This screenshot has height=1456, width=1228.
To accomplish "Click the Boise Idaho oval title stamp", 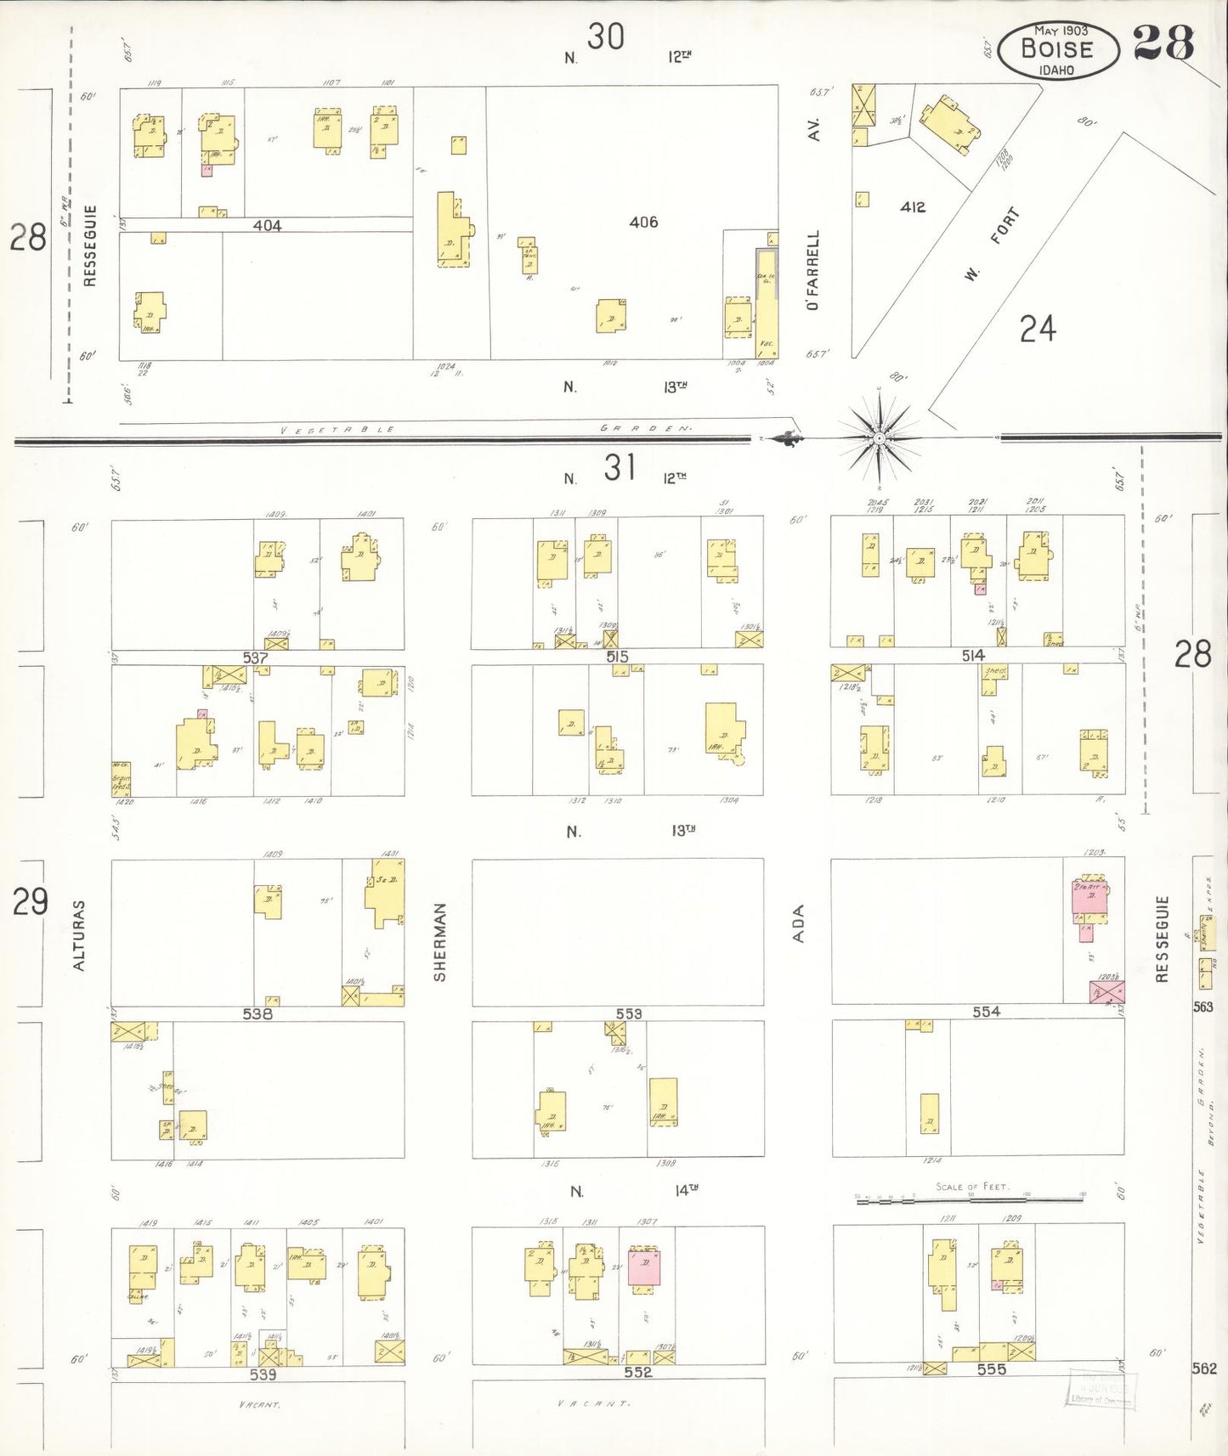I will coord(1057,50).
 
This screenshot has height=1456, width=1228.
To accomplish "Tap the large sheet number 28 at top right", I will coord(1163,44).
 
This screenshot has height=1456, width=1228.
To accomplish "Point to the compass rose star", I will coord(880,438).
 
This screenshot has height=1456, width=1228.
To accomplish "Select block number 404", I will coord(267,226).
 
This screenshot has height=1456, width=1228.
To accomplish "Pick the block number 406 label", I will coord(643,223).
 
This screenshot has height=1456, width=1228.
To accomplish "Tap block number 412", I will coord(913,207).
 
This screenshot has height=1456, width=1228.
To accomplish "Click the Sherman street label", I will coord(440,942).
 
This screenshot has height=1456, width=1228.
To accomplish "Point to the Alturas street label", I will coord(79,935).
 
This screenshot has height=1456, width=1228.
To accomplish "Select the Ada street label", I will coord(798,923).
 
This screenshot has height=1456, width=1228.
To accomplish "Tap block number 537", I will coord(255,657).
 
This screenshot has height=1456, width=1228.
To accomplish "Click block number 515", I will coord(618,657).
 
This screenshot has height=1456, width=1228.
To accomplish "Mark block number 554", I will coord(986,1012).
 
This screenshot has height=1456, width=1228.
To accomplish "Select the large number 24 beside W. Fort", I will coord(1038,329).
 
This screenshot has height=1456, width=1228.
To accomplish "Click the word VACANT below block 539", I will coord(260,1405).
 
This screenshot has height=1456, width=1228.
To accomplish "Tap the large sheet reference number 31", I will coord(620,468).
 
